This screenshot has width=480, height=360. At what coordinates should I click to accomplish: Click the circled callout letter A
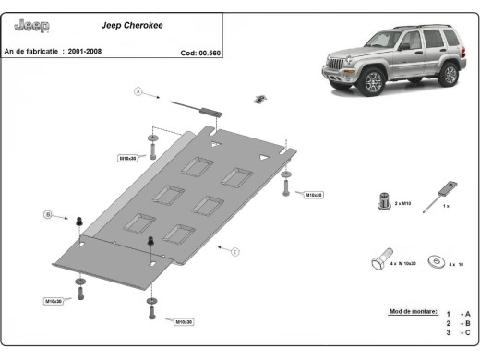pyautogui.click(x=138, y=91)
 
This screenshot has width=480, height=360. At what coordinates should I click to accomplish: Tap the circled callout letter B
pyautogui.click(x=47, y=215)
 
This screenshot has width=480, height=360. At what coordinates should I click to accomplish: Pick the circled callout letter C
pyautogui.click(x=235, y=251)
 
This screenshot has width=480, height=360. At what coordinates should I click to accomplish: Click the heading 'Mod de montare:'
pyautogui.click(x=413, y=313)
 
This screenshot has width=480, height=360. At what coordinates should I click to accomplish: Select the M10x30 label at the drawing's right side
pyautogui.click(x=312, y=195)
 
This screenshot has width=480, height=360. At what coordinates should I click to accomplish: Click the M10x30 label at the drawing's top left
pyautogui.click(x=127, y=158)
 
